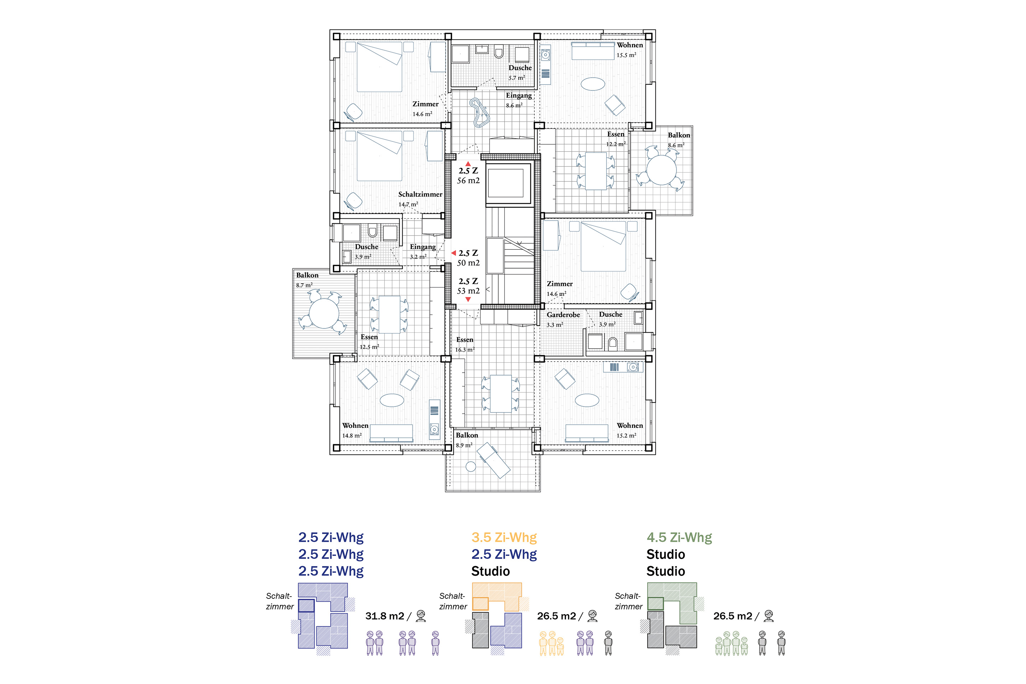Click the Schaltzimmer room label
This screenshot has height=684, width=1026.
click(420, 195)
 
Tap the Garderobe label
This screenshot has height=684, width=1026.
click(563, 315)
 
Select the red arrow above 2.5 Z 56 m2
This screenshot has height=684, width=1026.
click(468, 164)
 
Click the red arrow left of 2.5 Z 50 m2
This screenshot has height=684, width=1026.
click(453, 253)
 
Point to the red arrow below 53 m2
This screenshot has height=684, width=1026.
click(468, 300)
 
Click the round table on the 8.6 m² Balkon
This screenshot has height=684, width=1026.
click(661, 170)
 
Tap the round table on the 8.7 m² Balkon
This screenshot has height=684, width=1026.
click(324, 313)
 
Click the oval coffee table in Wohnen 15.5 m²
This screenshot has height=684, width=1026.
click(592, 83)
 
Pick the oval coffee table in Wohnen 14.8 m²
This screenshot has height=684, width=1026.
click(392, 400)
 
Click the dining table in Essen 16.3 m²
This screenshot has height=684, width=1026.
click(500, 393)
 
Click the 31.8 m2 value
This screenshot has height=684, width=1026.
click(385, 616)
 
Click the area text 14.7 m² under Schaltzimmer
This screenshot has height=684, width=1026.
click(408, 204)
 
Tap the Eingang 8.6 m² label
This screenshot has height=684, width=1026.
click(518, 95)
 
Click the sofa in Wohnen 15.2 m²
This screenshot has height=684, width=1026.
click(587, 433)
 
